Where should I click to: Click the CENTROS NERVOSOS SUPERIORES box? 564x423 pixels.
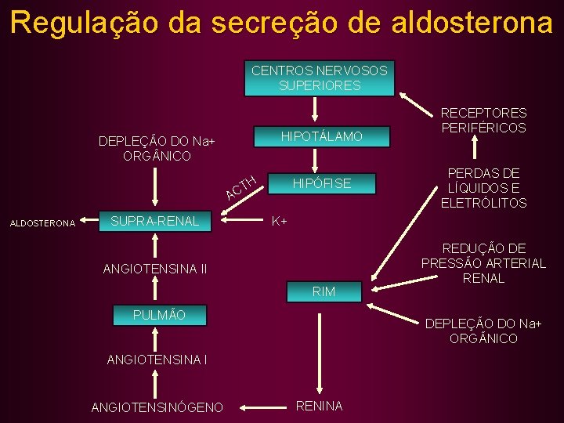coord(319,78)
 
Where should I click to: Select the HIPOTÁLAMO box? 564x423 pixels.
coord(322,137)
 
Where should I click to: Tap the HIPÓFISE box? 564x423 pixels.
coord(322,184)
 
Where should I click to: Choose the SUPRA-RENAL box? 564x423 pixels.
coord(156,222)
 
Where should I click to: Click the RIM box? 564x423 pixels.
coord(324,291)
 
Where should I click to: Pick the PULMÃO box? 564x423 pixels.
coord(160,315)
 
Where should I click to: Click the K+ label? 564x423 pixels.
coord(279,222)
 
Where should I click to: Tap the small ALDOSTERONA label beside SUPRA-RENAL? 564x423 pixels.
coord(42,223)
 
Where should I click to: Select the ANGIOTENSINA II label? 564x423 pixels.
coord(155,269)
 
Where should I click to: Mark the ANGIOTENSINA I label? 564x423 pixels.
coord(157,361)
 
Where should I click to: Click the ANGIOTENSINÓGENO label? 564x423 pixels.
coord(157,407)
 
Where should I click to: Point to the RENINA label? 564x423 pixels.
coord(319,406)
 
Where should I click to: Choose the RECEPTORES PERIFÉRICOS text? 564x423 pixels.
coord(483,121)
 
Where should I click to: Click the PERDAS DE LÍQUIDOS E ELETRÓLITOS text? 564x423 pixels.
coord(483,188)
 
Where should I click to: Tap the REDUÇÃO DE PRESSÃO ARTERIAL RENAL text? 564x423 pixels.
coord(483,263)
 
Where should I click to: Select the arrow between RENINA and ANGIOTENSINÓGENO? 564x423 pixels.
coord(259,407)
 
